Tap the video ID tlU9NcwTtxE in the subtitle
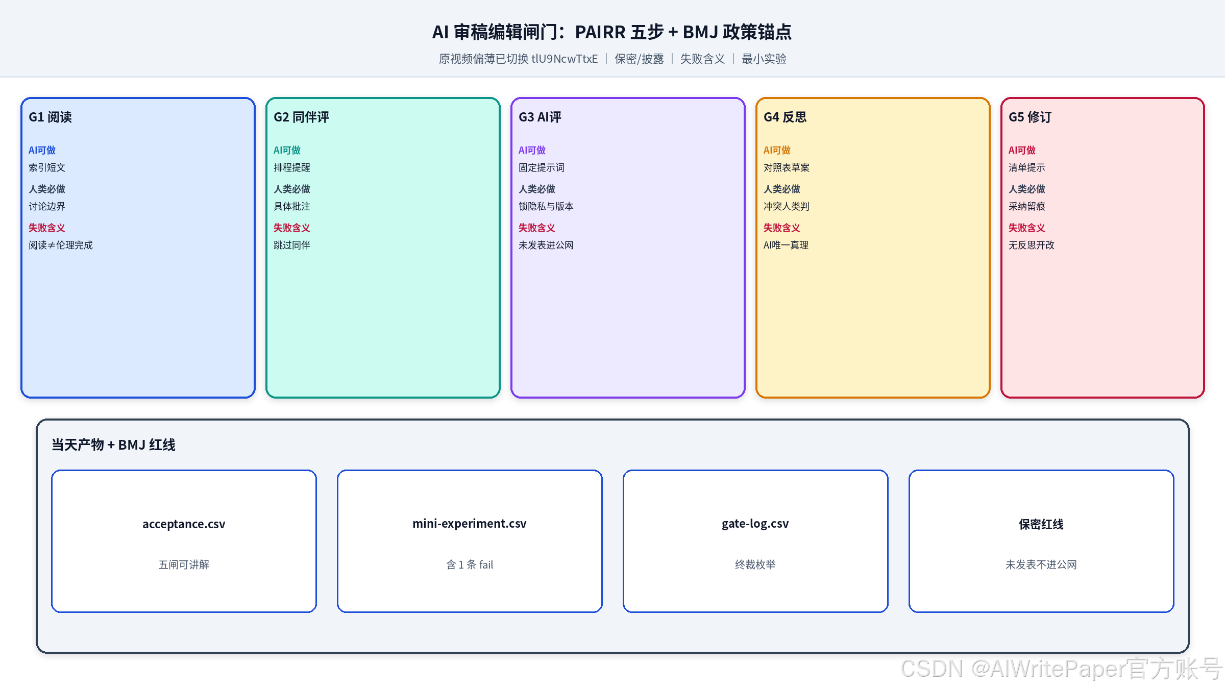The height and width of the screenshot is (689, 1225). [565, 59]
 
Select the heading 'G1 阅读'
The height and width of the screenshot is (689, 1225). [50, 117]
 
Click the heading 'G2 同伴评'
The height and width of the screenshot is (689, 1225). [301, 117]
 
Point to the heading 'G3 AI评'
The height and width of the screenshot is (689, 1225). [540, 117]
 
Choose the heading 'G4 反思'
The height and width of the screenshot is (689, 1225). [785, 117]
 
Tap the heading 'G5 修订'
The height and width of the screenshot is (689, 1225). [1030, 117]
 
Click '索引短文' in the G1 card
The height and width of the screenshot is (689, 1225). [47, 167]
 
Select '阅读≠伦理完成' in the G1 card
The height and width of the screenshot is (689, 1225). [61, 245]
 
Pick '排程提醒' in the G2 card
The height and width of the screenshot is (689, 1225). [292, 167]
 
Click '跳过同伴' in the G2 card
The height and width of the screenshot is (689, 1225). [292, 245]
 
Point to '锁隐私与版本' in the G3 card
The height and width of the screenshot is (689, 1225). [546, 206]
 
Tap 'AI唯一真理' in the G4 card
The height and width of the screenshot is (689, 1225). [786, 245]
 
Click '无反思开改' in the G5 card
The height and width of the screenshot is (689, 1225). [1032, 245]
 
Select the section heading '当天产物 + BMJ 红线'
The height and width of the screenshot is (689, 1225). [113, 445]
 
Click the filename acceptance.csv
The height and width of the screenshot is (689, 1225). [184, 524]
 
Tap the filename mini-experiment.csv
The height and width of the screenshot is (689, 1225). [470, 524]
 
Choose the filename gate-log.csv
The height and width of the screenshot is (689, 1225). [755, 524]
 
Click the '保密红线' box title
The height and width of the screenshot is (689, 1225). [1041, 524]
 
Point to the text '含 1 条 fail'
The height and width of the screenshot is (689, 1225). [470, 564]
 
